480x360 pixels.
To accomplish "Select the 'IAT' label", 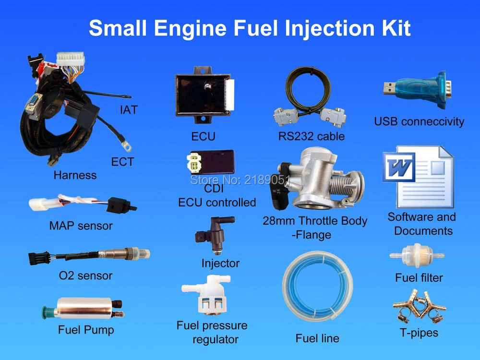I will pos(129,110).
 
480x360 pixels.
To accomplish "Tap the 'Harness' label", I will pos(75,175).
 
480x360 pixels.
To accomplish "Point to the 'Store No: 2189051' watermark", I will pos(240,180).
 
